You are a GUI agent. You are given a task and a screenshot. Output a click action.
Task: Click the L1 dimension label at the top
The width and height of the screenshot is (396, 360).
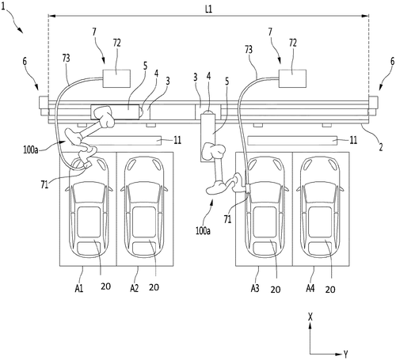208,9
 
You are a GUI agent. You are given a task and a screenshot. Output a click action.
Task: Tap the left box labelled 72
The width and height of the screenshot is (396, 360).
116,78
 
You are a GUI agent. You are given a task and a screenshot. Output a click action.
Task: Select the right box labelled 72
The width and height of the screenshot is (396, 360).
292,78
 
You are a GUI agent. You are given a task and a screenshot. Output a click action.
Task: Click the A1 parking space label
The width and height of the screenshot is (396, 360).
79,289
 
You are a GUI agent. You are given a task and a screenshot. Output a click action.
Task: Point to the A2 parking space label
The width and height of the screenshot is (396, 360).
134,289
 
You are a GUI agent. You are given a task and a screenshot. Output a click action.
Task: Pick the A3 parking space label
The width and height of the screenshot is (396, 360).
255,289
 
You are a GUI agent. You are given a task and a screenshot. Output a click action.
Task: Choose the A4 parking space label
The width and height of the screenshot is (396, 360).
310,289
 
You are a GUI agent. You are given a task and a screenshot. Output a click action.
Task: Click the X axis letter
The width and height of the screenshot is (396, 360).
310,316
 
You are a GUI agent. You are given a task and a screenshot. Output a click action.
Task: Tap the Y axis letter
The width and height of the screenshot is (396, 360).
345,354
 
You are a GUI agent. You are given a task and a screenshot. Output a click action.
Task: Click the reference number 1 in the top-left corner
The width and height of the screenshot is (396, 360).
3,7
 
